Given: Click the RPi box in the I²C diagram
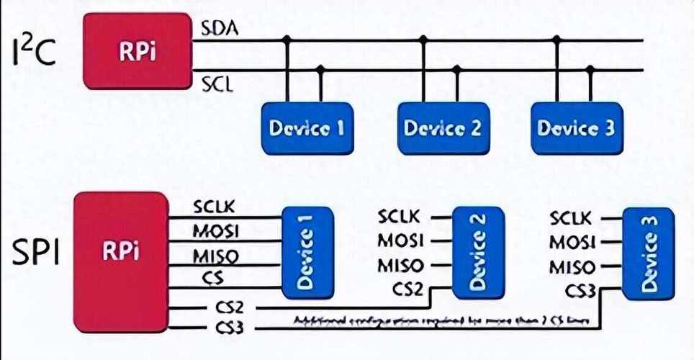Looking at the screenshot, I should click(137, 51).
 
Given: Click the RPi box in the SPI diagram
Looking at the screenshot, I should click(120, 251).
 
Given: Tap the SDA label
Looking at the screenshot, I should click(220, 29).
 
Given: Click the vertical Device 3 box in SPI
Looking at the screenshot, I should click(648, 253).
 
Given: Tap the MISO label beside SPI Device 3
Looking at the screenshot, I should click(572, 268).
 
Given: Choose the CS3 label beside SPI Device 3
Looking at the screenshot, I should click(580, 292).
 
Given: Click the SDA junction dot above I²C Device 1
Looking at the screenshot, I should click(287, 40).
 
